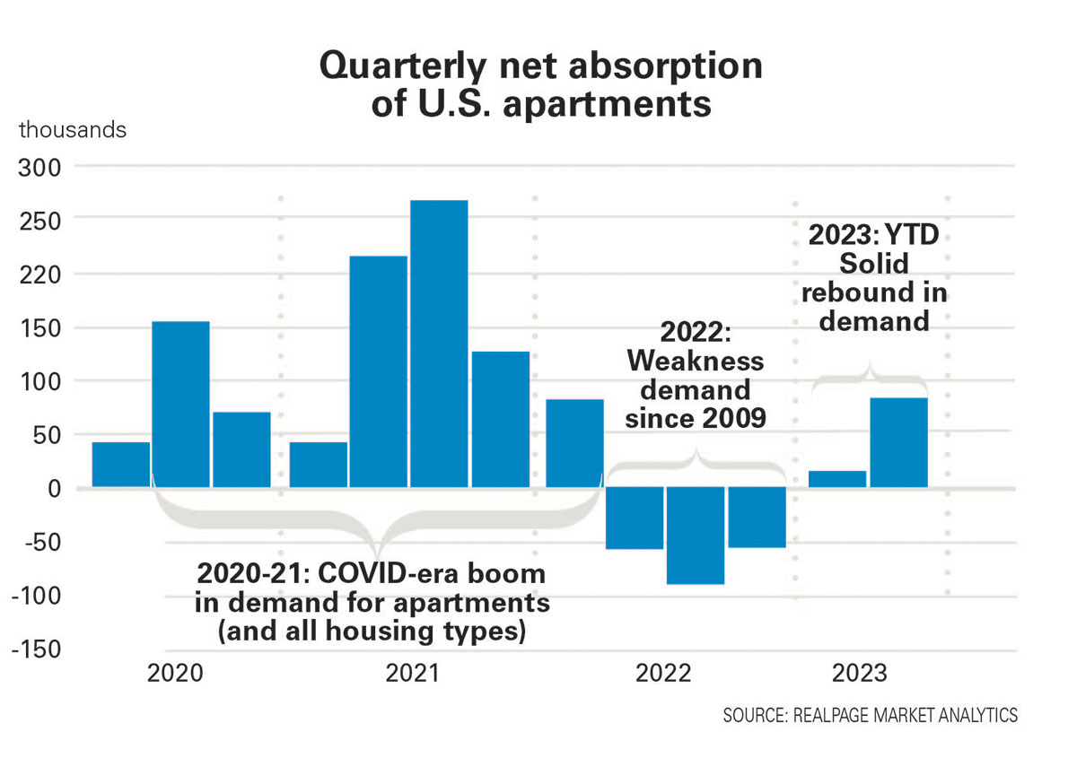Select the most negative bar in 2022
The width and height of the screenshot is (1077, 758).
(695, 536)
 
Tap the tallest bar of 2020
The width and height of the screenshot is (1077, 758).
(180, 404)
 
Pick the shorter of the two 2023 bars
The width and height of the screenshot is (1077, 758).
(837, 479)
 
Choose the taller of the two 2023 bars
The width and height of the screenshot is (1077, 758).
(898, 443)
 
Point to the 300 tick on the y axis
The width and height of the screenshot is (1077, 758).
(39, 168)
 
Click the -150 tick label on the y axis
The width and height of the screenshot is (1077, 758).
(35, 650)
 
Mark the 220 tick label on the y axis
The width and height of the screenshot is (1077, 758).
(39, 274)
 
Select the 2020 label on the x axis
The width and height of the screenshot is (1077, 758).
(176, 673)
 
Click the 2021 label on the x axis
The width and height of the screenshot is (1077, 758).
(413, 673)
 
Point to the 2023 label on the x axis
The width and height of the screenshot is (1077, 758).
(859, 673)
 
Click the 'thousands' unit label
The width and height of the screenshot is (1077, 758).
(73, 129)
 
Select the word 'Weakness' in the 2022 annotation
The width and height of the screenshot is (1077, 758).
(696, 362)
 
